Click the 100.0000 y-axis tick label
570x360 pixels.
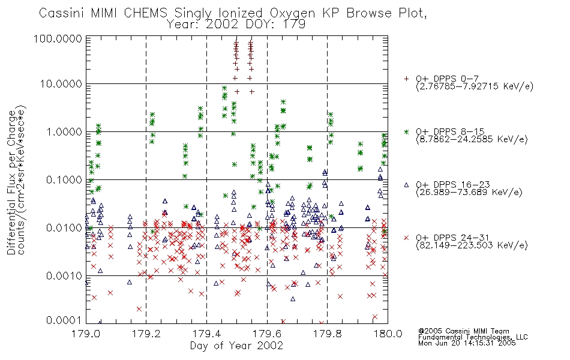coord(58,38)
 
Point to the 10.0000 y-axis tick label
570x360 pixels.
coord(61,84)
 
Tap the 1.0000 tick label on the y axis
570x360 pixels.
coord(64,131)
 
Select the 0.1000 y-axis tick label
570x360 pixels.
coord(64,179)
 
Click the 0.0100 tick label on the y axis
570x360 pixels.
coord(64,228)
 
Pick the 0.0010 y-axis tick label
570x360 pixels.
coord(64,276)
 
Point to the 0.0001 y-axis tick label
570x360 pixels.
coord(64,320)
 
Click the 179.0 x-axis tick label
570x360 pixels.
coord(86,334)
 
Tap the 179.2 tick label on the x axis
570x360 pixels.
coord(146,334)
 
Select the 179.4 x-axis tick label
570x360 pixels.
coord(206,334)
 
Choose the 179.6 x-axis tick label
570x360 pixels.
coord(267,334)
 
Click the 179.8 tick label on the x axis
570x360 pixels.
coord(327,334)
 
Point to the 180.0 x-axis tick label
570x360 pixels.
coord(388,334)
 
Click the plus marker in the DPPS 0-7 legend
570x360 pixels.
coord(406,79)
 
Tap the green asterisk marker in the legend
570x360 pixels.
coord(406,131)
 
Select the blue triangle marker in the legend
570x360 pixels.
coord(406,185)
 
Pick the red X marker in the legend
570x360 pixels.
coord(406,238)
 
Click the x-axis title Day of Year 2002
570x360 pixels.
coord(236,346)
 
